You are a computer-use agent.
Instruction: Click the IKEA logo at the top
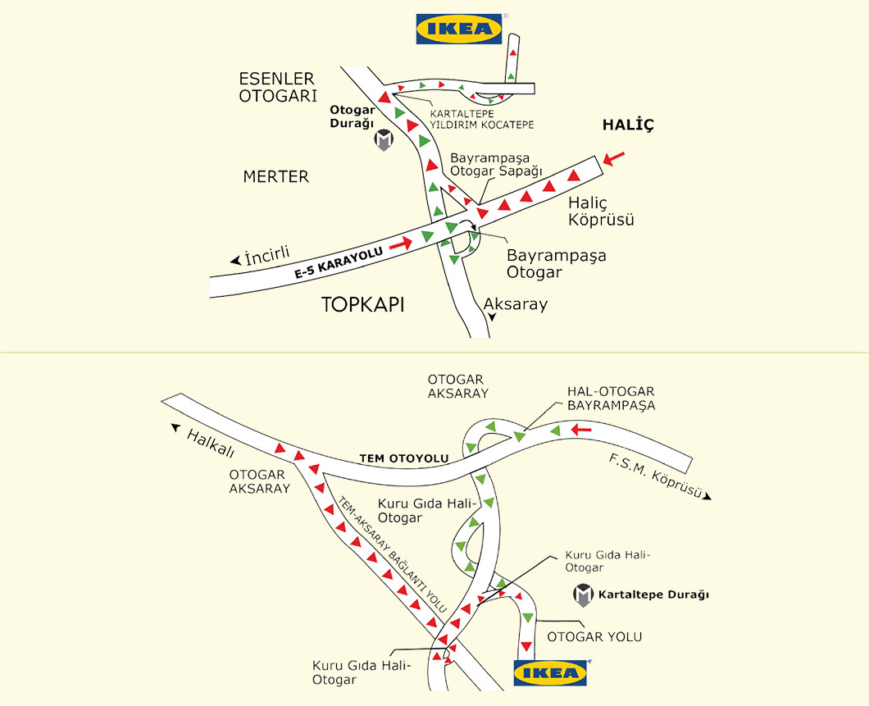(459, 29)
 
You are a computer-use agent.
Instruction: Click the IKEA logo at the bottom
(551, 672)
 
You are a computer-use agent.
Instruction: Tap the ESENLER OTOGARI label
(276, 88)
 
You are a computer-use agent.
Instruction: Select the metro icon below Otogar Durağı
(384, 140)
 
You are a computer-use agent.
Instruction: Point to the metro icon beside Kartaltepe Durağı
(583, 595)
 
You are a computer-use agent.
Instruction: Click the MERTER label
(275, 176)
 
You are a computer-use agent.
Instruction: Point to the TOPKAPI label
(363, 305)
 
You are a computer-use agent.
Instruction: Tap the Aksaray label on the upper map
(515, 304)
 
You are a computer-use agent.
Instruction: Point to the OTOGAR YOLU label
(594, 636)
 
